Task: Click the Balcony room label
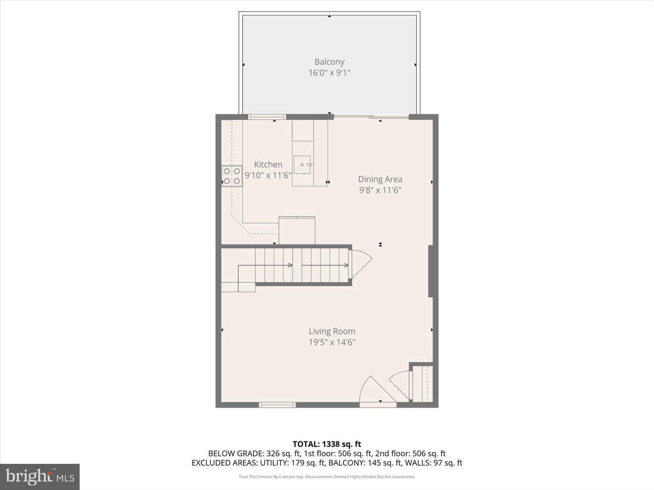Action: point(329,61)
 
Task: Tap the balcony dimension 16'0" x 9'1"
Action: point(329,73)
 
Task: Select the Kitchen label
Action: point(268,164)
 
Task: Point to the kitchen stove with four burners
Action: point(232,176)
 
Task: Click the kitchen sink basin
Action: point(302,164)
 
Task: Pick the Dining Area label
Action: point(380,179)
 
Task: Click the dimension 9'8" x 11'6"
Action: point(380,190)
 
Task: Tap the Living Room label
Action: point(332,331)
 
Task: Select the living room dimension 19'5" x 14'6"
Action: point(332,342)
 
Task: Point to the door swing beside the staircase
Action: point(360,263)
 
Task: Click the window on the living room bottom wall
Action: point(277,405)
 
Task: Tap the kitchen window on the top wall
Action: point(267,117)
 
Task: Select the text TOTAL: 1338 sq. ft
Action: point(327,444)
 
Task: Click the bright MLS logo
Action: point(40,477)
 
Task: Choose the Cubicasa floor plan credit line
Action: point(327,477)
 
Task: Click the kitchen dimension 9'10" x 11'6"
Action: point(268,175)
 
